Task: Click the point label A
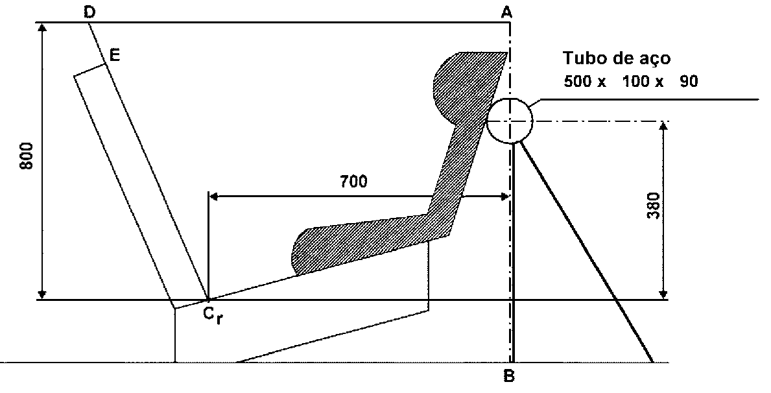pos(506,12)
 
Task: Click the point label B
pos(510,376)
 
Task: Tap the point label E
pos(115,54)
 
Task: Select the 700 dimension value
pos(353,182)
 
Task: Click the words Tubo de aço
pos(617,58)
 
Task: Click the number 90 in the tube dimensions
pos(689,82)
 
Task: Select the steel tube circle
pos(510,99)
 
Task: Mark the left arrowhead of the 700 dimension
pos(213,196)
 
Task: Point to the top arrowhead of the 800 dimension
pos(43,27)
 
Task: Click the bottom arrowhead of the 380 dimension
pos(663,295)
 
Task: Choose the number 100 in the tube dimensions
pos(636,82)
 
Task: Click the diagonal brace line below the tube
pos(586,252)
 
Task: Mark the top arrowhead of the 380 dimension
pos(663,126)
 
